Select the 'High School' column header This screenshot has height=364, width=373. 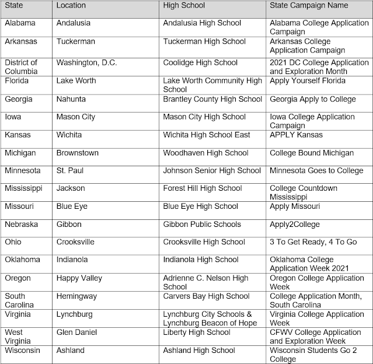click(184, 5)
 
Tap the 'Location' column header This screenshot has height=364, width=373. click(71, 5)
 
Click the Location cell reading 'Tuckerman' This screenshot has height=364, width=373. click(76, 42)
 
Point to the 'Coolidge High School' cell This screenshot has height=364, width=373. click(200, 63)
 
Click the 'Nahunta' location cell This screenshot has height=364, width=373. click(74, 99)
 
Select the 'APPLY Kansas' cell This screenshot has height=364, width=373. click(296, 135)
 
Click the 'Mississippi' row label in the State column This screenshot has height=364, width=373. click(23, 188)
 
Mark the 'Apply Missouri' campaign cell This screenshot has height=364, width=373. click(295, 206)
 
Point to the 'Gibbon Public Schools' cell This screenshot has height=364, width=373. click(202, 225)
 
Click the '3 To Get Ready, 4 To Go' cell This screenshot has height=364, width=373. click(313, 242)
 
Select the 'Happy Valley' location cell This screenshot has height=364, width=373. click(79, 278)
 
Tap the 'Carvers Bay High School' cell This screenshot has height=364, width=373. click(206, 296)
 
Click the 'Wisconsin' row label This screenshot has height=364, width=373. click(22, 350)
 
